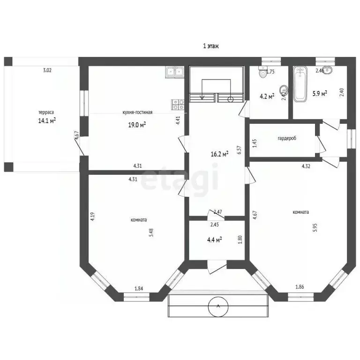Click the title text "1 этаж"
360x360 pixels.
tap(211, 46)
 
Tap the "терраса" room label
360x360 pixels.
tap(46, 112)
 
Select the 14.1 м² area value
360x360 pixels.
tap(47, 120)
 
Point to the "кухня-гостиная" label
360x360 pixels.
tap(137, 112)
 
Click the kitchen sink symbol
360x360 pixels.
tap(174, 72)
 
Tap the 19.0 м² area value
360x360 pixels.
tap(137, 124)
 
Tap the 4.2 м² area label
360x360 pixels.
tap(266, 97)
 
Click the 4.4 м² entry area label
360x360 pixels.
tap(214, 239)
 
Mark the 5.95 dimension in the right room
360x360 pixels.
tap(315, 228)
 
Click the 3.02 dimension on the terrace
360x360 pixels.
tap(47, 71)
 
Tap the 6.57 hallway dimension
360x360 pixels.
tap(239, 150)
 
